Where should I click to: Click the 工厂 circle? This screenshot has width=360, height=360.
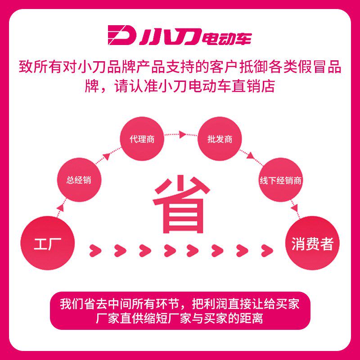(x=47, y=243)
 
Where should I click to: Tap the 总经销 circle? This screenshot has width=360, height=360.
(x=79, y=180)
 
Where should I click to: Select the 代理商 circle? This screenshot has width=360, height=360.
(x=142, y=139)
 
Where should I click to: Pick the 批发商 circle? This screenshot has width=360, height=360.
(x=220, y=139)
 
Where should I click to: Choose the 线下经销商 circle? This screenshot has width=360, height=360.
(x=281, y=180)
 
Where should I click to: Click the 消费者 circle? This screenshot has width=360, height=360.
(x=313, y=243)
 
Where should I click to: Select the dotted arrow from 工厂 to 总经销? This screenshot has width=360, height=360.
(x=61, y=208)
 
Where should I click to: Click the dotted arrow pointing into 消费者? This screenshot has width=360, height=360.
(x=295, y=207)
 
